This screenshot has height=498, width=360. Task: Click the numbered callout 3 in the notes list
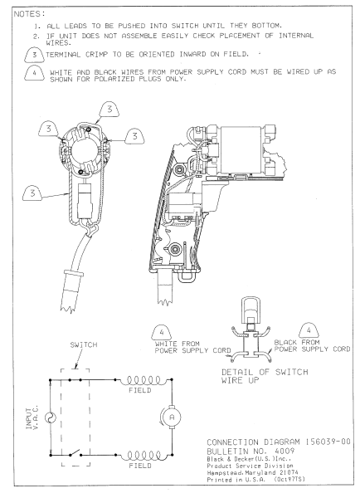pos(33,55)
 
